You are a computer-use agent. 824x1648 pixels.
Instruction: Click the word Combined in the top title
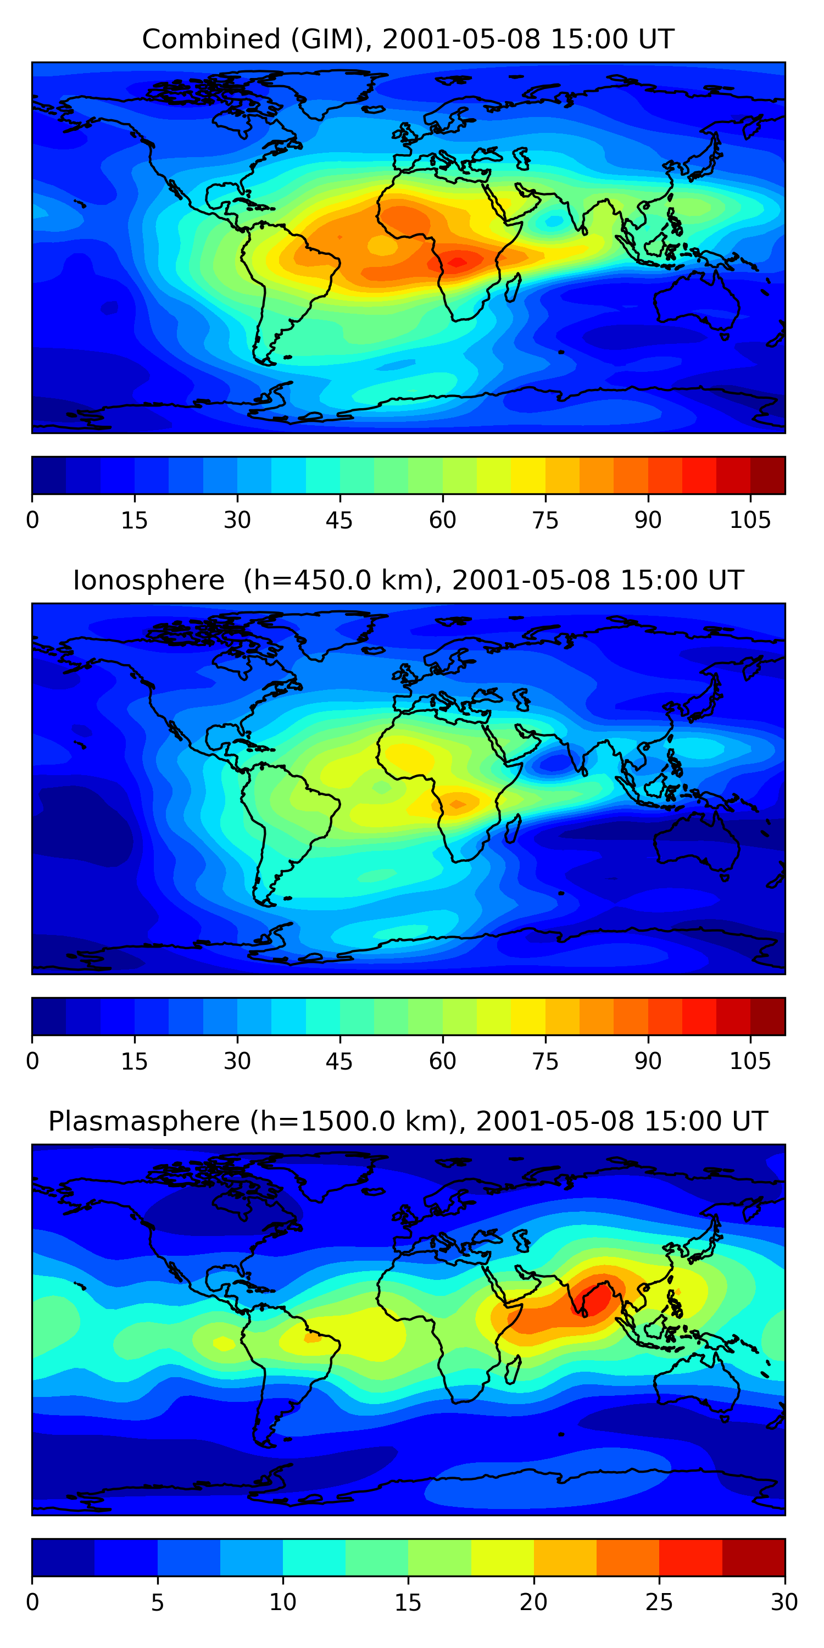point(211,39)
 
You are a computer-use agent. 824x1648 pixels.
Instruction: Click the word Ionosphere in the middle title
point(149,580)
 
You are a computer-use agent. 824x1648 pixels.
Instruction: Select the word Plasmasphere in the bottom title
point(144,1122)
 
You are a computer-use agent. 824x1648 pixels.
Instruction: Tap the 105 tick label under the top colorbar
point(750,520)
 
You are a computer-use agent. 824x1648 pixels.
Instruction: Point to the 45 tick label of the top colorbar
point(339,520)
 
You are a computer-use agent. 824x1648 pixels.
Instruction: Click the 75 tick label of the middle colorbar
point(545,1061)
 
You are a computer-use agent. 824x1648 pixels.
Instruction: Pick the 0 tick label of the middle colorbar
point(32,1061)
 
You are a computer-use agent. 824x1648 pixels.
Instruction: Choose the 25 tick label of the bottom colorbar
point(659,1602)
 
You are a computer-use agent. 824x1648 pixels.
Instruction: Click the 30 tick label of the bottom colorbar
point(784,1602)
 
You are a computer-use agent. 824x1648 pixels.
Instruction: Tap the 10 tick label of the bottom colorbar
point(283,1602)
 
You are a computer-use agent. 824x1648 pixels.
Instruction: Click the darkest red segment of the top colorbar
point(768,475)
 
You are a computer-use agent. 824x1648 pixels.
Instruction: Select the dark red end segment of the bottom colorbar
point(754,1557)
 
